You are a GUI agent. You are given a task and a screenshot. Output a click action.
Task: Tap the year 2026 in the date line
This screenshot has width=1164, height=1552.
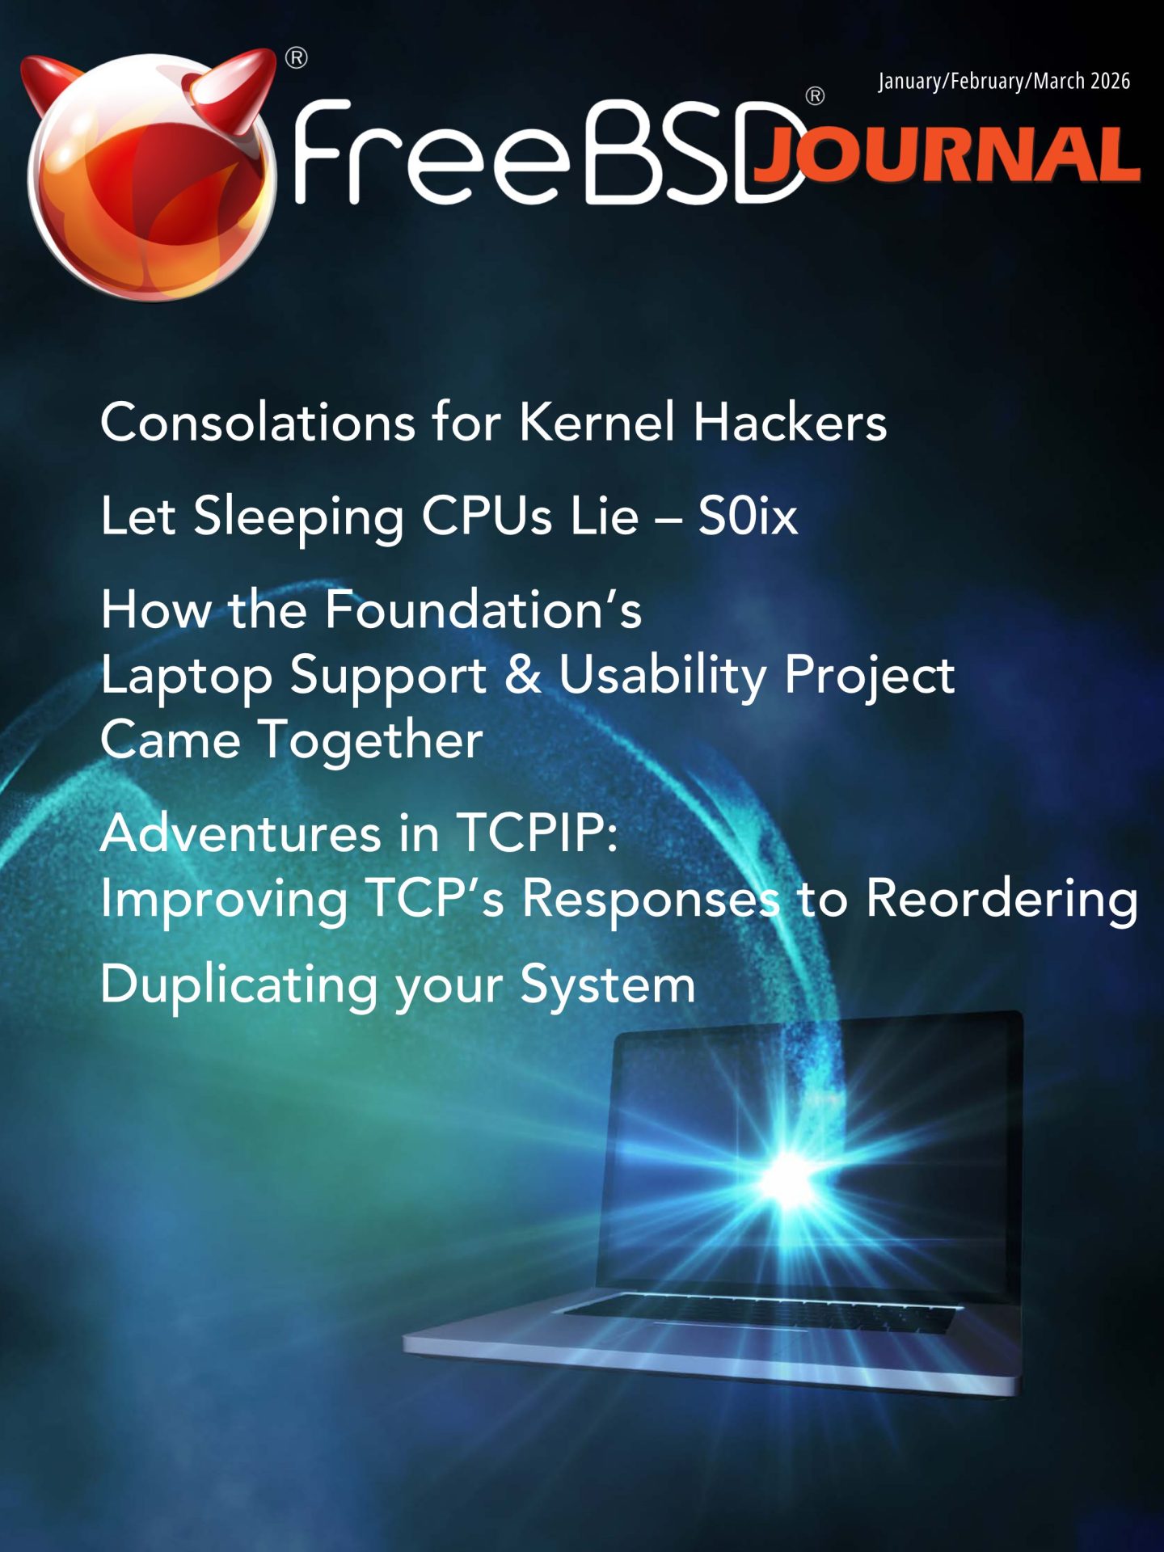pyautogui.click(x=1110, y=81)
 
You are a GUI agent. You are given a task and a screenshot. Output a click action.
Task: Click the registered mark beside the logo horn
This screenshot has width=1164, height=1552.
pyautogui.click(x=297, y=58)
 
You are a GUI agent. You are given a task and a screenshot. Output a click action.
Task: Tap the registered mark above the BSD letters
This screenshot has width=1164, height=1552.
pyautogui.click(x=815, y=96)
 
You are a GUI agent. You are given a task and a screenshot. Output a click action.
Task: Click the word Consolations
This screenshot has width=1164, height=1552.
pyautogui.click(x=258, y=422)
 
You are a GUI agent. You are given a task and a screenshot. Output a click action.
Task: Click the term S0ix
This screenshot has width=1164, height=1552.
pyautogui.click(x=748, y=515)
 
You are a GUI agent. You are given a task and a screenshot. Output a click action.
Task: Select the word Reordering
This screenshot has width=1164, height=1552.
pyautogui.click(x=1002, y=899)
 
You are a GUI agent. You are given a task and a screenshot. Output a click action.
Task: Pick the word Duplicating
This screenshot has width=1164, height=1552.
pyautogui.click(x=239, y=985)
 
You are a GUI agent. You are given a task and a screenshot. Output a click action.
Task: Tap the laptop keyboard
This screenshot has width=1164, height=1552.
pyautogui.click(x=760, y=1314)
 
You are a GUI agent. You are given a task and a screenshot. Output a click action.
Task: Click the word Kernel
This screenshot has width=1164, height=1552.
pyautogui.click(x=597, y=422)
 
